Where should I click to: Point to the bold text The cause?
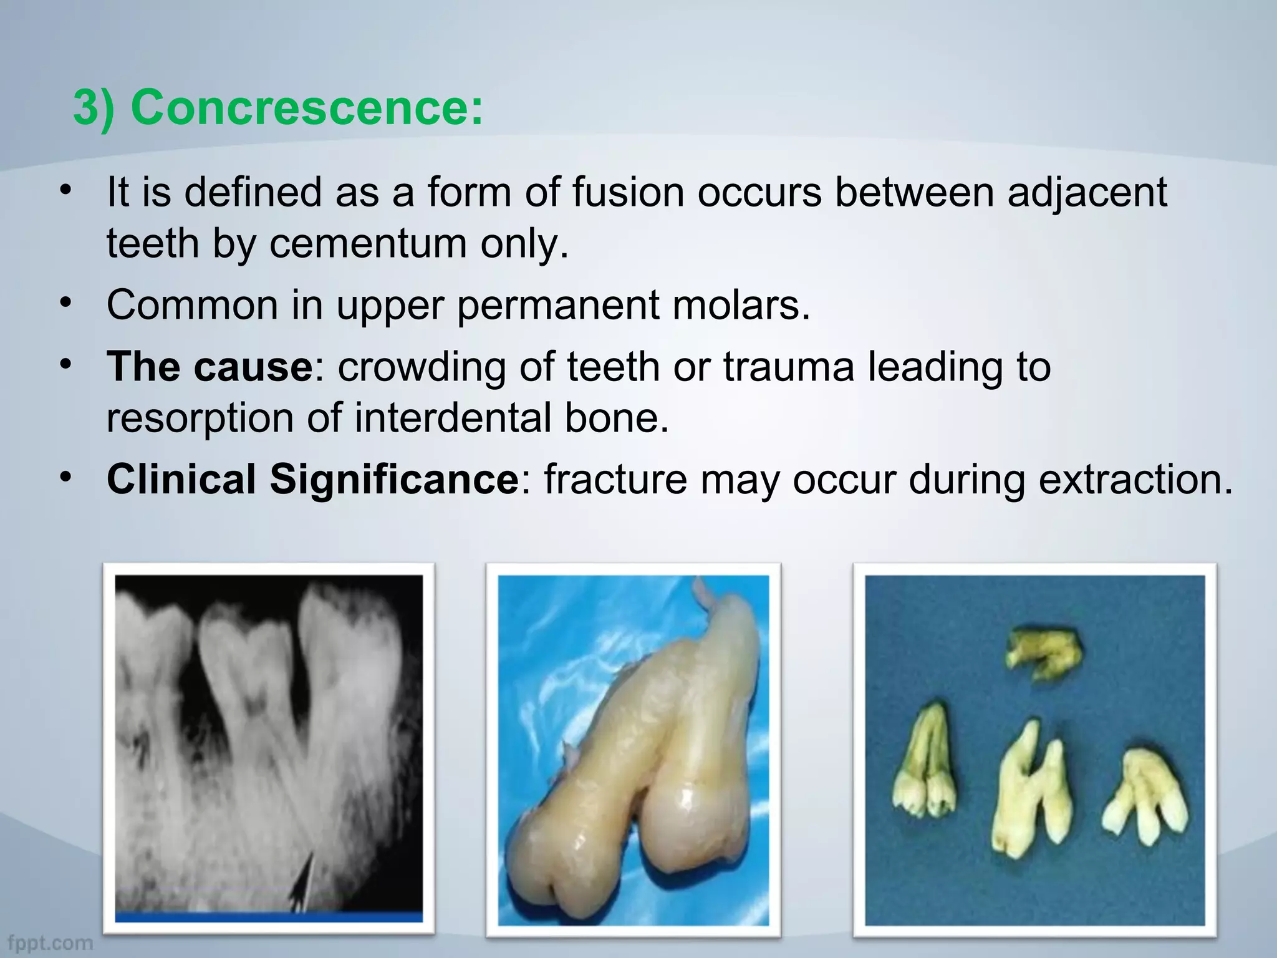210,367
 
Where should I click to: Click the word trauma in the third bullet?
789,367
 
